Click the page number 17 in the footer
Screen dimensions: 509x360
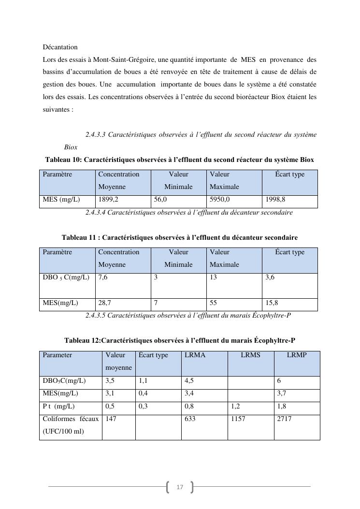pyautogui.click(x=180, y=487)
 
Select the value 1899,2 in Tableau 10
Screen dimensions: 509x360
pyautogui.click(x=108, y=200)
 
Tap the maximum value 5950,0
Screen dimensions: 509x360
pyautogui.click(x=219, y=200)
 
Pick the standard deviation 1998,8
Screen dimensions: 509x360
pyautogui.click(x=275, y=200)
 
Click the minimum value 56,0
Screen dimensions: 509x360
pyautogui.click(x=161, y=200)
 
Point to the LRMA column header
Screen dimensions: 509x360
pyautogui.click(x=195, y=355)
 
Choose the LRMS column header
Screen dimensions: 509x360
pyautogui.click(x=250, y=355)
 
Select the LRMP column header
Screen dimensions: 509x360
pyautogui.click(x=297, y=355)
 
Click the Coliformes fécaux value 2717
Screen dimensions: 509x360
pyautogui.click(x=285, y=419)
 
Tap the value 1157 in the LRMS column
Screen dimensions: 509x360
pyautogui.click(x=238, y=419)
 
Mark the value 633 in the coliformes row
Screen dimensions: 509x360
pyautogui.click(x=190, y=419)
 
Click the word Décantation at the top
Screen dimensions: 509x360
pyautogui.click(x=60, y=47)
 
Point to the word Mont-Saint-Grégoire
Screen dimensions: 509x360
pyautogui.click(x=122, y=60)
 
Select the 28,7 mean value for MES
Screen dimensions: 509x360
pyautogui.click(x=104, y=303)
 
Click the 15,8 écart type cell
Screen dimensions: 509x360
pyautogui.click(x=272, y=303)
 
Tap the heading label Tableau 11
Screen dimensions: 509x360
pyautogui.click(x=80, y=238)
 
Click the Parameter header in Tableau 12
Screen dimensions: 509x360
pyautogui.click(x=57, y=355)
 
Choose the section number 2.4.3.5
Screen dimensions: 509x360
pyautogui.click(x=95, y=316)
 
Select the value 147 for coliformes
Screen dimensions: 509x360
pyautogui.click(x=111, y=419)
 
